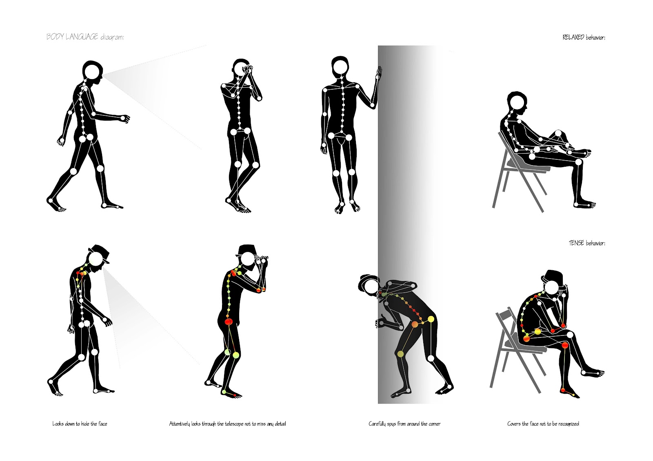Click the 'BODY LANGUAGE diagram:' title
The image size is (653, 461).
point(85,37)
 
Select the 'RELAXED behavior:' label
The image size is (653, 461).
point(584,37)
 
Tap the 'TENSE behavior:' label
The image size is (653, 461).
point(587,243)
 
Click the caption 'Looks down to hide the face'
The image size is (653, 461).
point(80,424)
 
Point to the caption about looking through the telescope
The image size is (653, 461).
point(227,424)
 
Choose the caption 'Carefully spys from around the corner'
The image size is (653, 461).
point(404,424)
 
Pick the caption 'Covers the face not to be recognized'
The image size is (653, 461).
point(543,424)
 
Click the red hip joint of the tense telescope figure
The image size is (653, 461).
point(228,322)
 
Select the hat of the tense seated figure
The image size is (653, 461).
point(552,275)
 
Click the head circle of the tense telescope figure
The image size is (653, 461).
point(247,259)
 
